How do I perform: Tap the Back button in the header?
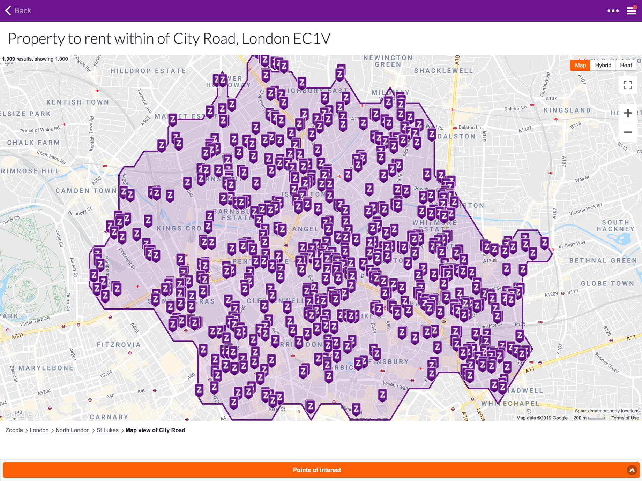[x=18, y=11]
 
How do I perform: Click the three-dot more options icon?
[x=613, y=11]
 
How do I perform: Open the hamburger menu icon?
[x=632, y=11]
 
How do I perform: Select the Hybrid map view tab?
[x=603, y=65]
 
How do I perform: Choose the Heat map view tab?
[x=626, y=65]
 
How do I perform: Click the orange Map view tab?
[x=580, y=65]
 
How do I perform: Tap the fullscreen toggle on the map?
[x=628, y=85]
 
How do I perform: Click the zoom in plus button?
[x=628, y=113]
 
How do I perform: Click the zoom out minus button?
[x=628, y=132]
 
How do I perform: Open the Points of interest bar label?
[x=317, y=470]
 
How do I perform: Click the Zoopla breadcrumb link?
[x=14, y=430]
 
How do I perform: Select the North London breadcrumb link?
[x=73, y=430]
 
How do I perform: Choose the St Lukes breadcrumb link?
[x=107, y=430]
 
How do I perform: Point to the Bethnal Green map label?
[x=603, y=260]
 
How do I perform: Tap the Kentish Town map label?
[x=78, y=102]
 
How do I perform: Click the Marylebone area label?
[x=46, y=368]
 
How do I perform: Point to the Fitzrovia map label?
[x=119, y=345]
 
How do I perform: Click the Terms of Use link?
[x=625, y=418]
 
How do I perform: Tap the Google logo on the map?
[x=18, y=414]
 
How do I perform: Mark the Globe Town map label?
[x=607, y=283]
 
